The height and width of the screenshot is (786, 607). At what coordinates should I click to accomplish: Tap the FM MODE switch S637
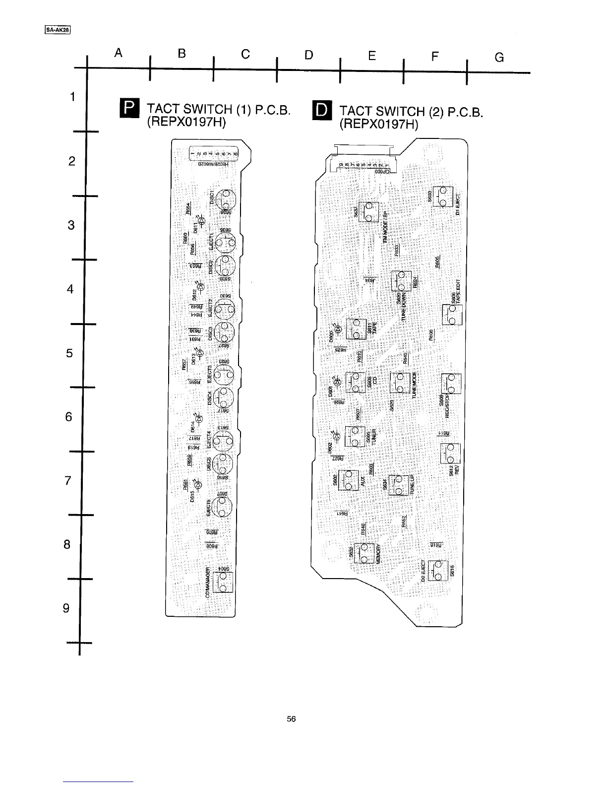[x=368, y=212]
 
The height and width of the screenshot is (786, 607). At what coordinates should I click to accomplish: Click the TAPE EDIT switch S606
[x=452, y=315]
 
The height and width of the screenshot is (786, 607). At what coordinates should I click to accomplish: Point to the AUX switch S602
[x=348, y=480]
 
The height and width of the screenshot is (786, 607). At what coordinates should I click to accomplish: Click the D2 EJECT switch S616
[x=438, y=571]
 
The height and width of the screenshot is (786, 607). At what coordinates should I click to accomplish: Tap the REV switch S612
[x=450, y=453]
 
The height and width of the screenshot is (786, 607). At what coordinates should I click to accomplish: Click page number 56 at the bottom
[x=291, y=719]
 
